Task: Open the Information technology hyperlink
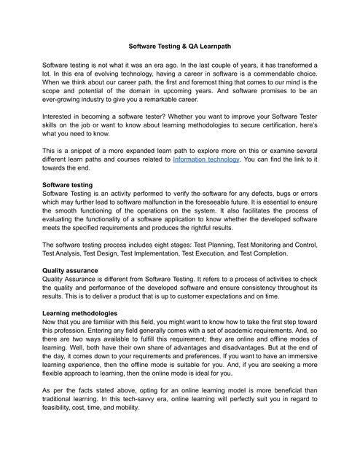tap(206, 158)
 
